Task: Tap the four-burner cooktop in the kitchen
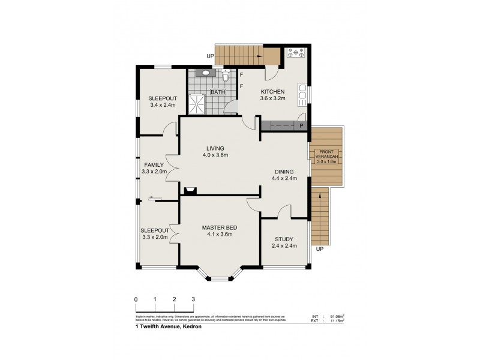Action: (x=296, y=53)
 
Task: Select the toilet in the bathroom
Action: (x=225, y=76)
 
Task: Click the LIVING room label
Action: (x=215, y=148)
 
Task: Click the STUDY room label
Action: (x=284, y=238)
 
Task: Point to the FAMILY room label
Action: (x=154, y=164)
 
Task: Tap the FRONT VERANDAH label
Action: (x=328, y=154)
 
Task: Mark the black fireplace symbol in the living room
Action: (x=191, y=191)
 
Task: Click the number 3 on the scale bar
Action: (x=193, y=299)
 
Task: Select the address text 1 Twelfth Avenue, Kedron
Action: (x=169, y=327)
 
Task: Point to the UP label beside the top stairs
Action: (x=209, y=57)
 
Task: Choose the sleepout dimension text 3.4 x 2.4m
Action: (x=161, y=105)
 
